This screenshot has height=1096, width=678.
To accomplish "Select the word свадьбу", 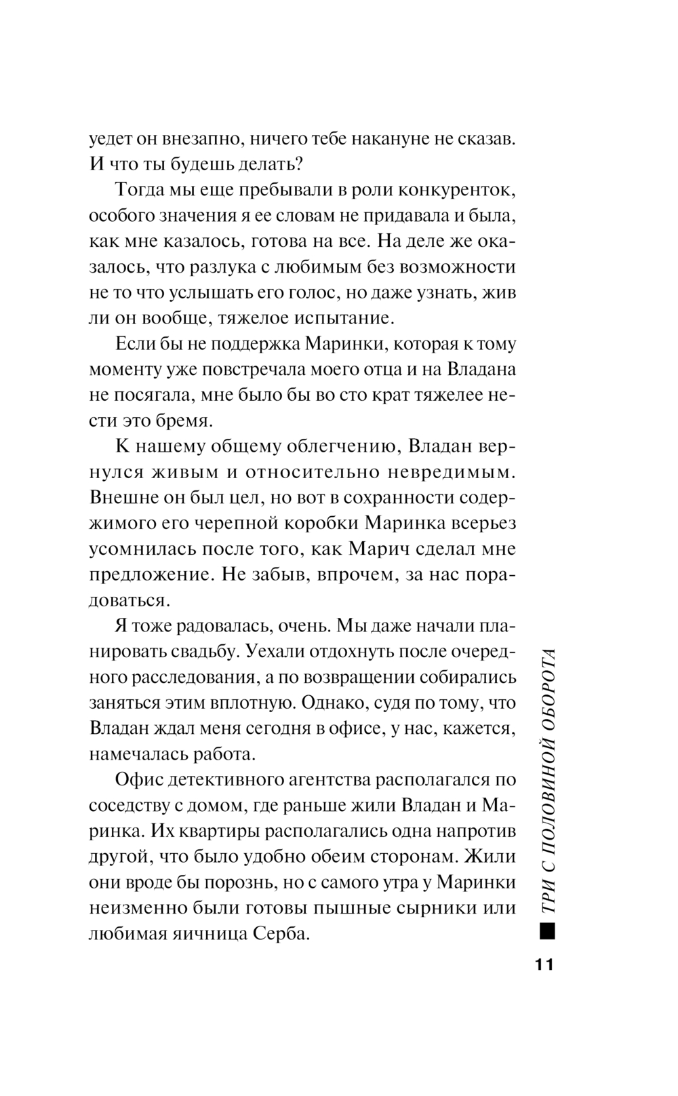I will (x=197, y=650).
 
